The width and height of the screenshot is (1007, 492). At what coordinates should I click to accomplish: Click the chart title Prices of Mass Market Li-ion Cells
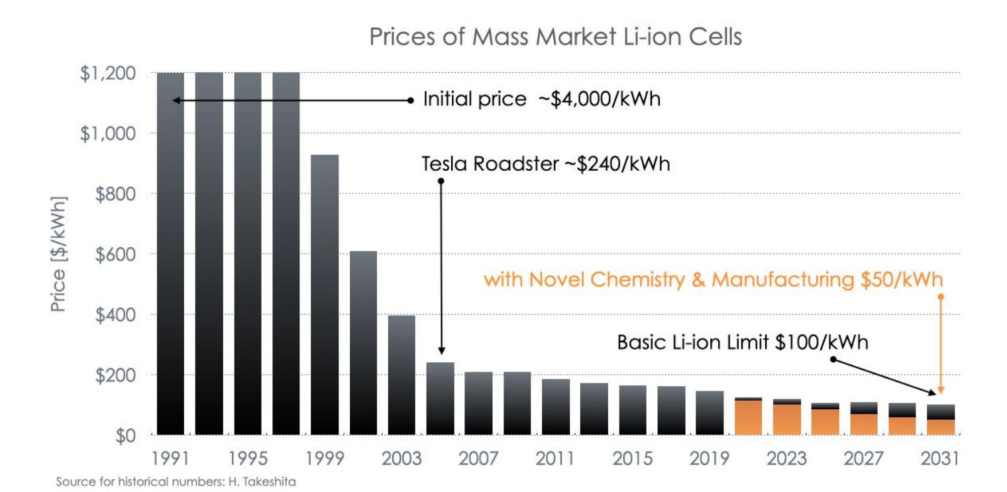555,36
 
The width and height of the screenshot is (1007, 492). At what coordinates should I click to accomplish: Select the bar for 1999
325,295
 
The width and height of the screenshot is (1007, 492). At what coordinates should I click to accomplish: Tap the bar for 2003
401,375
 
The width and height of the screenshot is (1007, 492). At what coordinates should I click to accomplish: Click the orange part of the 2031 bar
941,427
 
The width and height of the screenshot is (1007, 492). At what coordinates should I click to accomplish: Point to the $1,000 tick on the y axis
108,134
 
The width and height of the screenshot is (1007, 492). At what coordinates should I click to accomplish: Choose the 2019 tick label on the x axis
710,458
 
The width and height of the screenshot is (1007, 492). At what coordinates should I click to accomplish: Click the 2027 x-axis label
863,458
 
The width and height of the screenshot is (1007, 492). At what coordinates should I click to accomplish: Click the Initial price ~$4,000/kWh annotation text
542,101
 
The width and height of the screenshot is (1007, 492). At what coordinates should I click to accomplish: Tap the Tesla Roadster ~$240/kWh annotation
546,164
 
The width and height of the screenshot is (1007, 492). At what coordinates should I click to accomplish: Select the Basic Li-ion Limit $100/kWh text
742,343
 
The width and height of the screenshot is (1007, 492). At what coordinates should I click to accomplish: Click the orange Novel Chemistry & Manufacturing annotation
713,280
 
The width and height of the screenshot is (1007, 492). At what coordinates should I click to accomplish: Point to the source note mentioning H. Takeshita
176,482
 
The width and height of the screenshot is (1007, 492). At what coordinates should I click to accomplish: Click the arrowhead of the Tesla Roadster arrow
441,352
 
